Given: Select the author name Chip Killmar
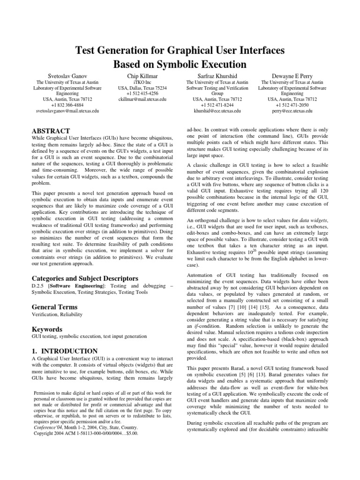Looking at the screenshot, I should click(x=140, y=75).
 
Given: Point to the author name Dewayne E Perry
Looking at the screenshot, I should click(x=292, y=75).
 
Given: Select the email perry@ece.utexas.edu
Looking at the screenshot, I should click(x=292, y=111).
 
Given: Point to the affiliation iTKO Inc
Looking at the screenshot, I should click(x=140, y=82).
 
